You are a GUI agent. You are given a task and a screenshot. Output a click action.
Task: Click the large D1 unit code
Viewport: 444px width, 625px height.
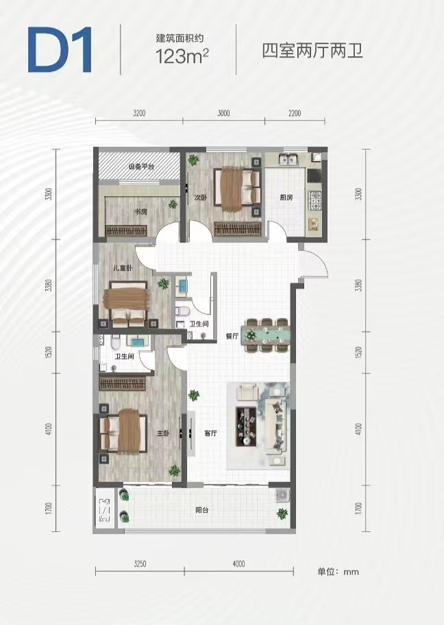(x=60, y=50)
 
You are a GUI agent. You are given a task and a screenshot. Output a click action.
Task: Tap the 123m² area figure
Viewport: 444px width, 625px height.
(x=182, y=56)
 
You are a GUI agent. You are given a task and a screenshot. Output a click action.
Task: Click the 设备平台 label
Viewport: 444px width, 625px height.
(x=141, y=167)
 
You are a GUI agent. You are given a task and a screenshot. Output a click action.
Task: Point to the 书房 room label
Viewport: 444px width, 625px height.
(x=140, y=211)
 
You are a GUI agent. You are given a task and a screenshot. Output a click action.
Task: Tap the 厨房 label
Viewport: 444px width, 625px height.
(x=286, y=197)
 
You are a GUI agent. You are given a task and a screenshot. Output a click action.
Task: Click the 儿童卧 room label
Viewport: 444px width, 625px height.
(x=123, y=268)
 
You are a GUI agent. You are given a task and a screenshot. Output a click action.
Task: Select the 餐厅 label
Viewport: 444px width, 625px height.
(x=232, y=336)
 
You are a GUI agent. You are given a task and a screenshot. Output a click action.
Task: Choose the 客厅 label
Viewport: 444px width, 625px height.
(x=210, y=433)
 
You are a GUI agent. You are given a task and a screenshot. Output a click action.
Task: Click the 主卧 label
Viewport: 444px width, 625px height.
(x=163, y=433)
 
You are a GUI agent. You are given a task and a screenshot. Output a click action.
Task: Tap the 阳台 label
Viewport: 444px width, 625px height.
(x=202, y=510)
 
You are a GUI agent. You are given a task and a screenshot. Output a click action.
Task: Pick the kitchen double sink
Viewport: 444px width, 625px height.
(x=288, y=160)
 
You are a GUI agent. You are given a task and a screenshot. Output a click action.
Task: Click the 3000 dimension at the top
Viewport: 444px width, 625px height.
(x=223, y=113)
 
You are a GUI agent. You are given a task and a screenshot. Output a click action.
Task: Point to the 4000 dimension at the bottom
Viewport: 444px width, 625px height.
(x=238, y=563)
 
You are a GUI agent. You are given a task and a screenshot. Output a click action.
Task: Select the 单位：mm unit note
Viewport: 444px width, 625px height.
(x=338, y=572)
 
